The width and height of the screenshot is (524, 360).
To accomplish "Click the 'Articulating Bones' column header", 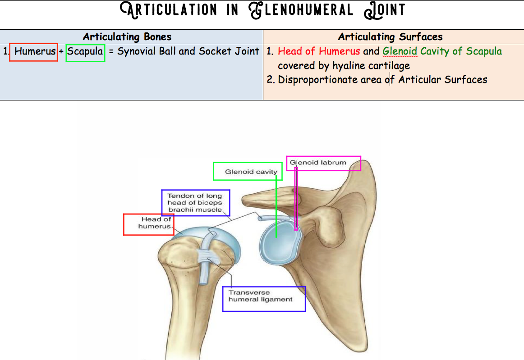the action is [127, 37].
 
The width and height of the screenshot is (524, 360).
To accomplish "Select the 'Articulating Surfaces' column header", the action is [391, 37].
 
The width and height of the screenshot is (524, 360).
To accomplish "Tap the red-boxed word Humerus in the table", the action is [35, 51].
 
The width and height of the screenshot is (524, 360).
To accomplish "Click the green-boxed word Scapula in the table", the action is [85, 51].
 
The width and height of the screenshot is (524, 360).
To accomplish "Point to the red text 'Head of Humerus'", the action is [319, 51].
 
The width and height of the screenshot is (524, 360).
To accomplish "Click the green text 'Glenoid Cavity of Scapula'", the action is [442, 51].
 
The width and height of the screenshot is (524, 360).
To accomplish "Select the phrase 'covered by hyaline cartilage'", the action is [344, 66].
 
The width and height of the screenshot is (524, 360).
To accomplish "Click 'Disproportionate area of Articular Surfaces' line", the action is [382, 80].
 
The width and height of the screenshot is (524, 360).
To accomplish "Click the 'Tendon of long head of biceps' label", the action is [195, 203].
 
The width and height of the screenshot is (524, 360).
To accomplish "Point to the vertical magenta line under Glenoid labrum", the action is [296, 198].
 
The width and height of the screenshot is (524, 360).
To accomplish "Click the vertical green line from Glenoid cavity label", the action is [276, 207].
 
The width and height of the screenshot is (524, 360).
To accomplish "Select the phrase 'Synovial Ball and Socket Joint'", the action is [188, 51].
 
